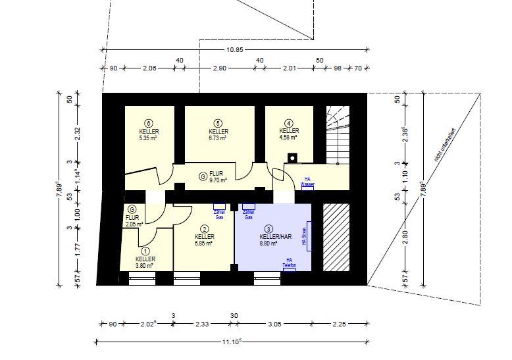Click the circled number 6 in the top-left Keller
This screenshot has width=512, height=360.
tap(149, 123)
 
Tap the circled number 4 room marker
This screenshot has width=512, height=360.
tap(289, 122)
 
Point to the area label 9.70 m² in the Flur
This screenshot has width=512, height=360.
tap(218, 180)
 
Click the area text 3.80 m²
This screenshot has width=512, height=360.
tap(145, 266)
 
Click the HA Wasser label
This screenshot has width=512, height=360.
tap(307, 182)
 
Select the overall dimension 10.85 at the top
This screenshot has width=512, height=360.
tap(234, 50)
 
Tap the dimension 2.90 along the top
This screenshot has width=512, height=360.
tap(219, 68)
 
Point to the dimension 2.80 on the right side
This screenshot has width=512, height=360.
tap(405, 238)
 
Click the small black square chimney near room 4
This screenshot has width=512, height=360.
tap(292, 157)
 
